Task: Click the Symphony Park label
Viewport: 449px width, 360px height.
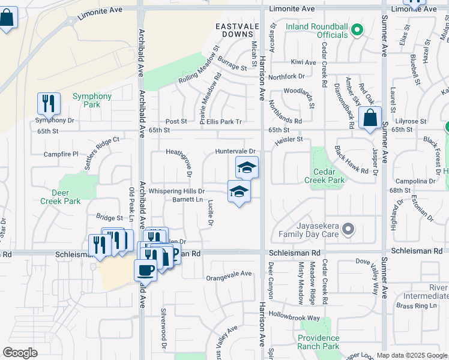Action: pyautogui.click(x=92, y=100)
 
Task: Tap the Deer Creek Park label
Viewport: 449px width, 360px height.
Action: pyautogui.click(x=60, y=197)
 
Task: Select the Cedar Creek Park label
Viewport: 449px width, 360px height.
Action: pyautogui.click(x=324, y=176)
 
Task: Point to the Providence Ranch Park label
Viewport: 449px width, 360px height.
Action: pyautogui.click(x=318, y=342)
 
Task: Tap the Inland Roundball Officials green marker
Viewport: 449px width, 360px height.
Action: pyautogui.click(x=356, y=29)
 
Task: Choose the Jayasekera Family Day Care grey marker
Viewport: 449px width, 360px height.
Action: pyautogui.click(x=350, y=229)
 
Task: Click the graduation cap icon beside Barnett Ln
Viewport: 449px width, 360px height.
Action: pyautogui.click(x=239, y=191)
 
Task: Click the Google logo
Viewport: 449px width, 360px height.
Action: pyautogui.click(x=20, y=353)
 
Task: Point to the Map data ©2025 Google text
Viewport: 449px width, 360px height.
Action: pyautogui.click(x=412, y=355)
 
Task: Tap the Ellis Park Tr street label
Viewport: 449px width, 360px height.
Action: pyautogui.click(x=221, y=122)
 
